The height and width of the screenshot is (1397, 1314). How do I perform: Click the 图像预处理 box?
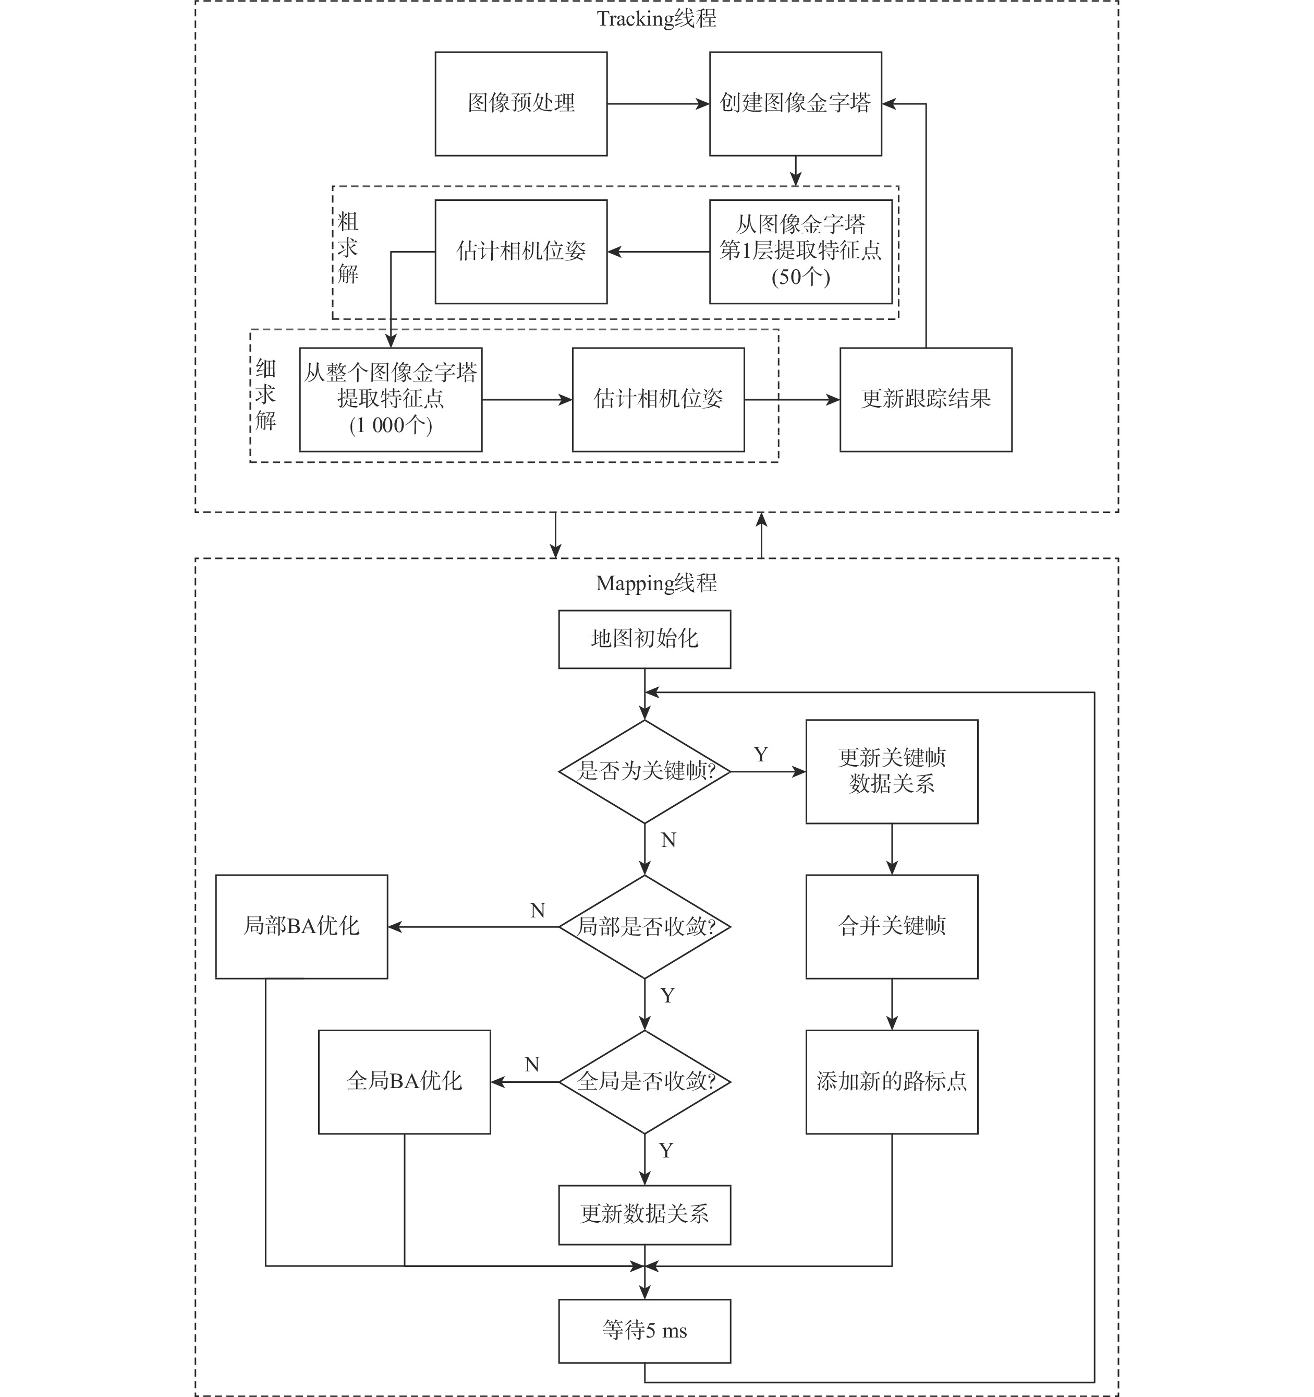pos(520,104)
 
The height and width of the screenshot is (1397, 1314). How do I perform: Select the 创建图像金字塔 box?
pos(795,104)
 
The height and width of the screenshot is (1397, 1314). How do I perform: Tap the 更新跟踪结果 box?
pos(925,399)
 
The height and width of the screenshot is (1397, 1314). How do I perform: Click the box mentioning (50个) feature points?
pos(800,252)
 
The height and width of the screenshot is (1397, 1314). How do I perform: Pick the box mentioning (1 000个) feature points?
pos(391,399)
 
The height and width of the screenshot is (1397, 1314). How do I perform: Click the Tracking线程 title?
pos(656,19)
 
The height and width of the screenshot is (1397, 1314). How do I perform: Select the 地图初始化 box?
pos(644,639)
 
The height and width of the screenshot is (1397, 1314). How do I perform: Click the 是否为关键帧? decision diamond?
pos(644,772)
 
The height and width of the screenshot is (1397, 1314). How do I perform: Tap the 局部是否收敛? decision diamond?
pos(644,927)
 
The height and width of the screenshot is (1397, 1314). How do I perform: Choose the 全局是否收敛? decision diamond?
pos(644,1081)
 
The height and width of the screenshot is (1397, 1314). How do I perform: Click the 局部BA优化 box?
pos(301,926)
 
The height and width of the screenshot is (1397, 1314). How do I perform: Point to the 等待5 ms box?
pos(644,1330)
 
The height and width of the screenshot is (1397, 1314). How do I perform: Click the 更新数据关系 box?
pos(644,1214)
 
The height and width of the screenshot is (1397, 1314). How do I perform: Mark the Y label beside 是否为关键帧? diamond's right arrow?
pos(761,754)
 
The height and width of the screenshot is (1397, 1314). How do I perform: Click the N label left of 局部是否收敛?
pos(537,911)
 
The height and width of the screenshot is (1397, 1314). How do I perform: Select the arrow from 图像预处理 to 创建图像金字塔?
pos(658,104)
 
